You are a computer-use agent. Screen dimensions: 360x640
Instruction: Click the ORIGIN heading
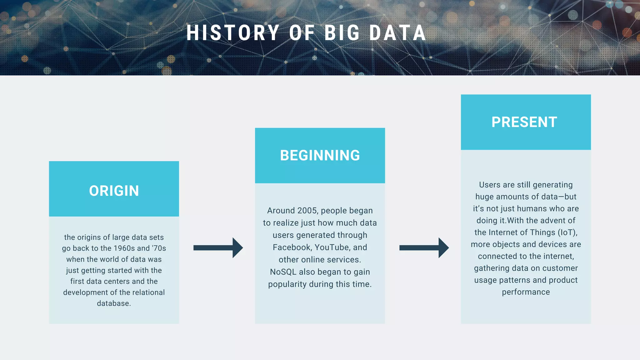pyautogui.click(x=114, y=191)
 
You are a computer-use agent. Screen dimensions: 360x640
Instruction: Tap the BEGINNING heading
pyautogui.click(x=320, y=155)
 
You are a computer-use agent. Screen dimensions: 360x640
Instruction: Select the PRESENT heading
pyautogui.click(x=524, y=122)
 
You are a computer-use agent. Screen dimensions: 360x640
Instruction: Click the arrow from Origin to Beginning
pyautogui.click(x=218, y=248)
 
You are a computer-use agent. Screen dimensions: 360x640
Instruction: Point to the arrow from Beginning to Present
pyautogui.click(x=424, y=248)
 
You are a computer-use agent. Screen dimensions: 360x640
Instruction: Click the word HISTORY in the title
pyautogui.click(x=233, y=33)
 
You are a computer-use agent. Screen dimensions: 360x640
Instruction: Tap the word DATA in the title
pyautogui.click(x=397, y=33)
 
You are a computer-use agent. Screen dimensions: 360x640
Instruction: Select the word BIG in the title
pyautogui.click(x=342, y=33)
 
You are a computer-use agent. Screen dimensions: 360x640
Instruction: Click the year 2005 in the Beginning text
pyautogui.click(x=307, y=211)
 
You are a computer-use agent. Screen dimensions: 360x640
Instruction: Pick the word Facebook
pyautogui.click(x=292, y=247)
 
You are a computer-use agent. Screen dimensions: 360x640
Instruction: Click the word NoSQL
pyautogui.click(x=283, y=272)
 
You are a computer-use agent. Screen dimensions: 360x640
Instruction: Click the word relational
pyautogui.click(x=148, y=292)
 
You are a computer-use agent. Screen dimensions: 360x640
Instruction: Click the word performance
pyautogui.click(x=526, y=292)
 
